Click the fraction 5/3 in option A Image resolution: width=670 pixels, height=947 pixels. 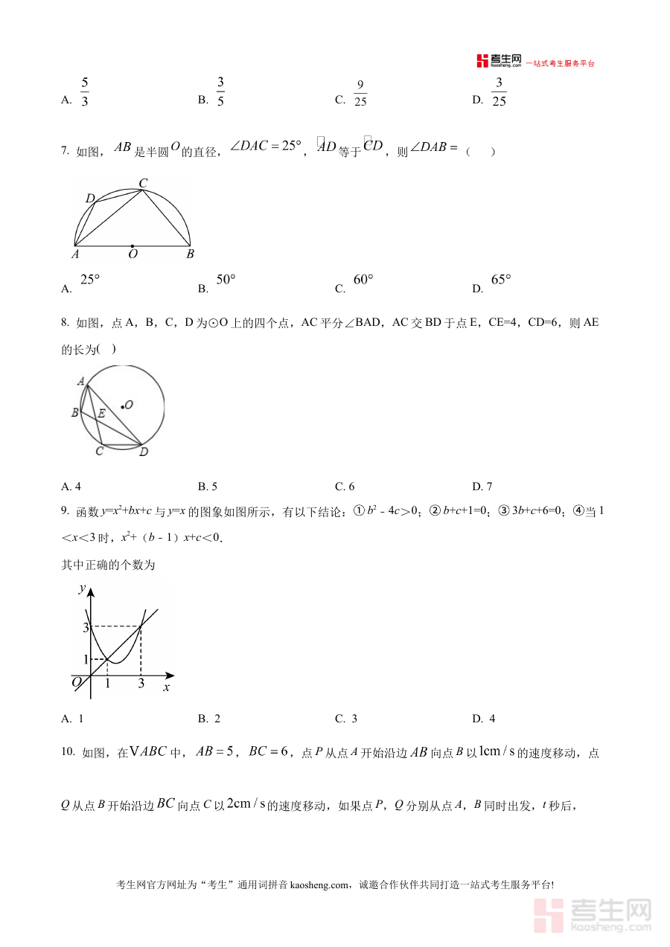84,92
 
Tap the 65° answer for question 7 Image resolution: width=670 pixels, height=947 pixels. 501,280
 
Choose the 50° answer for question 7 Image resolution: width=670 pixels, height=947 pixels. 226,280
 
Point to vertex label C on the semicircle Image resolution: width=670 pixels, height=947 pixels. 143,182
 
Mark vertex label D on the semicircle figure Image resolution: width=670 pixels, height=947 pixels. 89,199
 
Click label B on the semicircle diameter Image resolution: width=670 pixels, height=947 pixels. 190,254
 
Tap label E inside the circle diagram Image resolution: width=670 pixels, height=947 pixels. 101,413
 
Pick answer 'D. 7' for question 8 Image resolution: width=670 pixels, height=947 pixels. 482,487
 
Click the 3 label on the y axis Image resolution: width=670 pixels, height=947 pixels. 86,628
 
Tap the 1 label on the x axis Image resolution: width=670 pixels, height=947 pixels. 108,684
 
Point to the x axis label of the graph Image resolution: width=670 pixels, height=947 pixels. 166,688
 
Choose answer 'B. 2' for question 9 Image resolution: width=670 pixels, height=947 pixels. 209,719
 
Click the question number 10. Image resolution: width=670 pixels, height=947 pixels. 68,752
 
